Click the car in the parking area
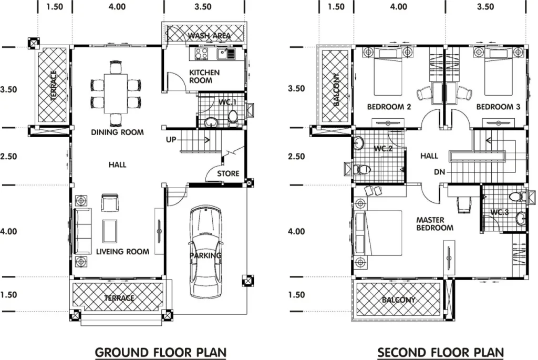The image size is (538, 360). tap(205, 252)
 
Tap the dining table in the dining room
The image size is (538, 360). tap(116, 94)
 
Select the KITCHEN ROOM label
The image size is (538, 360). tap(204, 77)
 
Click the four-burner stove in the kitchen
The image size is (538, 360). tap(201, 54)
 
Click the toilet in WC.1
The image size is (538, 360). tap(233, 118)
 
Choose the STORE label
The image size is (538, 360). tap(228, 173)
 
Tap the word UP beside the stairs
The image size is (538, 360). tap(171, 140)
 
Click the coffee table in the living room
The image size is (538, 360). tap(110, 231)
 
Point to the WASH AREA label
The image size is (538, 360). tap(209, 36)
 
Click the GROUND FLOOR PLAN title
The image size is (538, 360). tap(161, 353)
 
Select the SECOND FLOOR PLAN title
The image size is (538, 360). tap(441, 353)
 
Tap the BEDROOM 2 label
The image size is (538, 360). tap(389, 107)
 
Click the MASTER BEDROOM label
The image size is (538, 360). tap(434, 224)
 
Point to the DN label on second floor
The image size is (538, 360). tap(440, 172)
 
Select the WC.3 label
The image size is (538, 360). tap(499, 212)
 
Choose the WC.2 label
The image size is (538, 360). tap(383, 149)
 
